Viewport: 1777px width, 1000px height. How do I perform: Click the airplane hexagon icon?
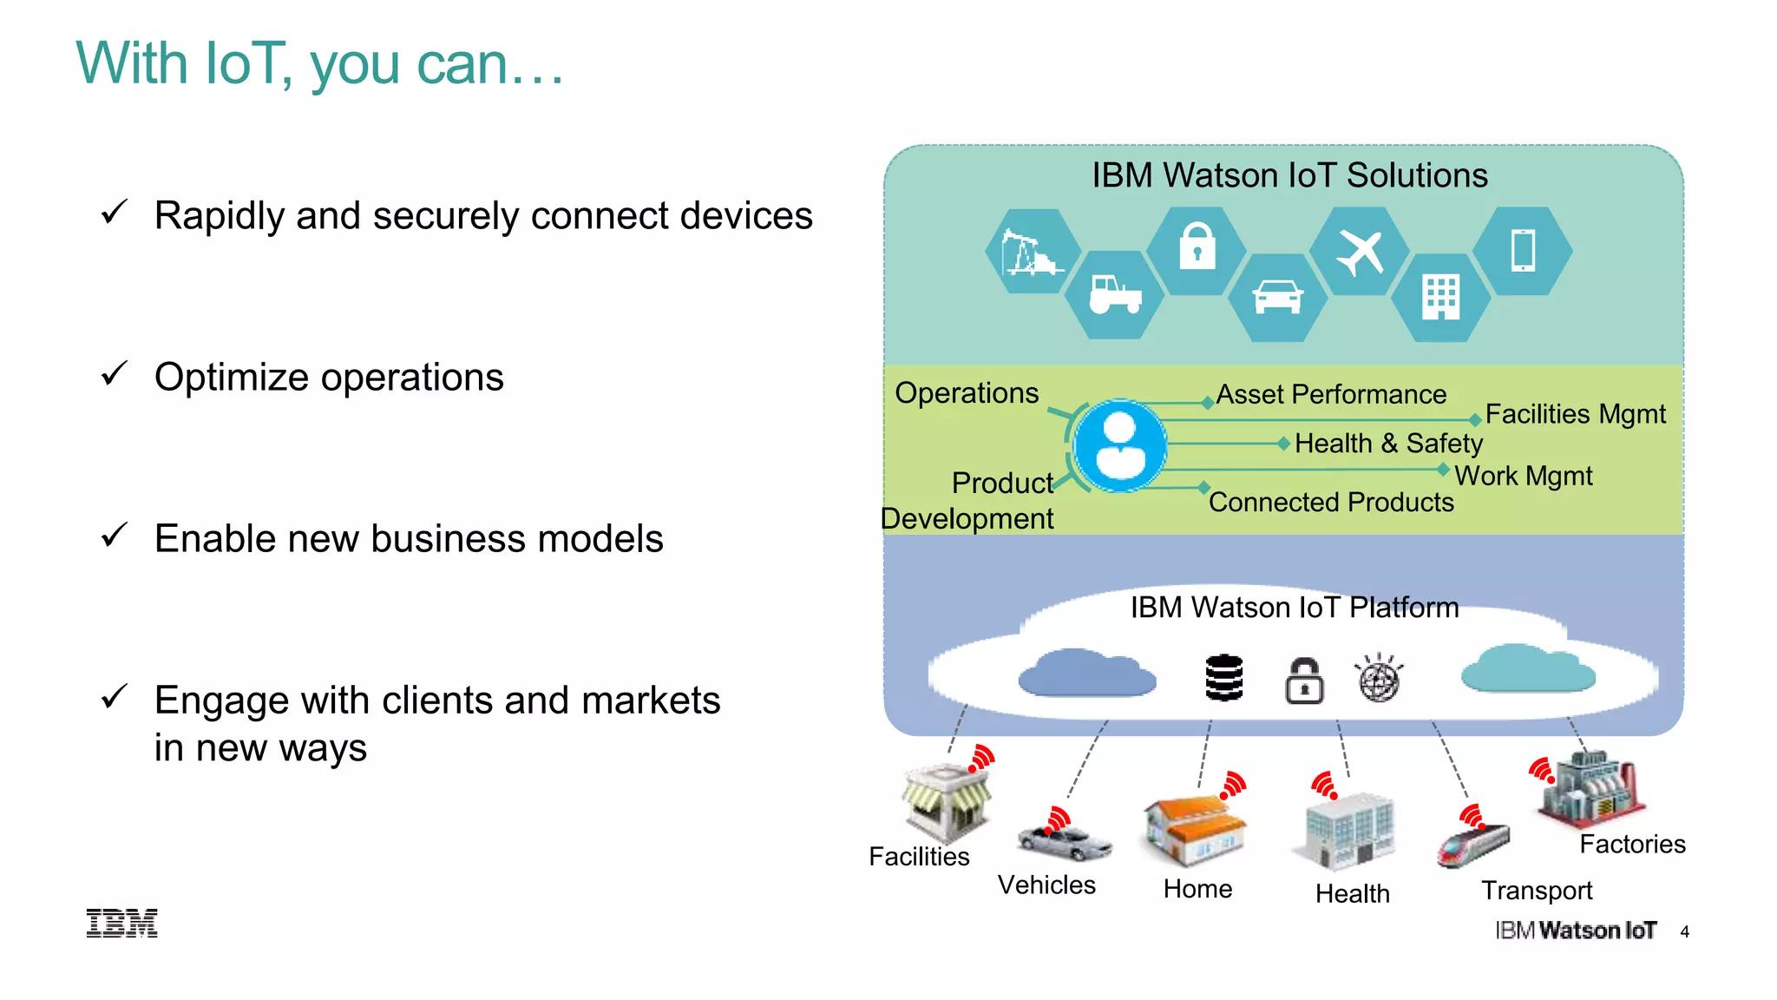1360,252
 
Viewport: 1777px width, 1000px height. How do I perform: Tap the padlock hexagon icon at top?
1197,250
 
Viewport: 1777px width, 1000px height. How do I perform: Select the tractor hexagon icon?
1115,295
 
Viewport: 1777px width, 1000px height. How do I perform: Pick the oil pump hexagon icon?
1031,252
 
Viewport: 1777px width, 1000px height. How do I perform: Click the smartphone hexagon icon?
1523,250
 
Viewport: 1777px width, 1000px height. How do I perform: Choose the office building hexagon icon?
1440,297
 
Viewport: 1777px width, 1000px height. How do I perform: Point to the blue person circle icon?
1120,446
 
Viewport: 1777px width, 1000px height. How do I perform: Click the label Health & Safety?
1388,444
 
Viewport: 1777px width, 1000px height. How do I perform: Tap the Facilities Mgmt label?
1575,414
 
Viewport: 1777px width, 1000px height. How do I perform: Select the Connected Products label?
1331,503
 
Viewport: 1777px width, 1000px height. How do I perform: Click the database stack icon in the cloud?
1224,678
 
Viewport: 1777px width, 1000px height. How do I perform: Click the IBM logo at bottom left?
122,923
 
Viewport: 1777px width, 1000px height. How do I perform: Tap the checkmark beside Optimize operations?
115,374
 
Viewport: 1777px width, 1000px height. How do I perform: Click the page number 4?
1684,932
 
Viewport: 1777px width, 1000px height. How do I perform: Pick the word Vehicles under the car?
1046,885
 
